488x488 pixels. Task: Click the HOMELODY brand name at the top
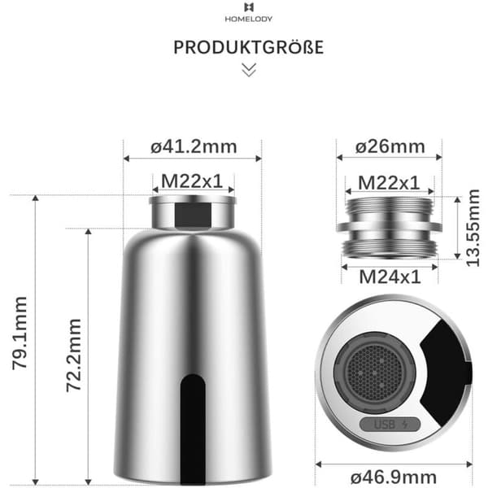(x=249, y=19)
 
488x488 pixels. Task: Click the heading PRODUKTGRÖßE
(x=249, y=47)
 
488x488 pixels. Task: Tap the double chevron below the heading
(x=249, y=70)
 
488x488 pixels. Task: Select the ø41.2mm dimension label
(x=194, y=147)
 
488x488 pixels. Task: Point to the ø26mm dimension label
(x=390, y=146)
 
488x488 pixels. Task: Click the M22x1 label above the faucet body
(x=192, y=181)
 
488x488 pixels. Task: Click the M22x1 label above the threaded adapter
(x=389, y=183)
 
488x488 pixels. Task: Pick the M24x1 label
(x=390, y=277)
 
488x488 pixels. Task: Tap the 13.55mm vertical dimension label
(x=473, y=228)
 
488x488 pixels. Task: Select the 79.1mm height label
(x=20, y=333)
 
